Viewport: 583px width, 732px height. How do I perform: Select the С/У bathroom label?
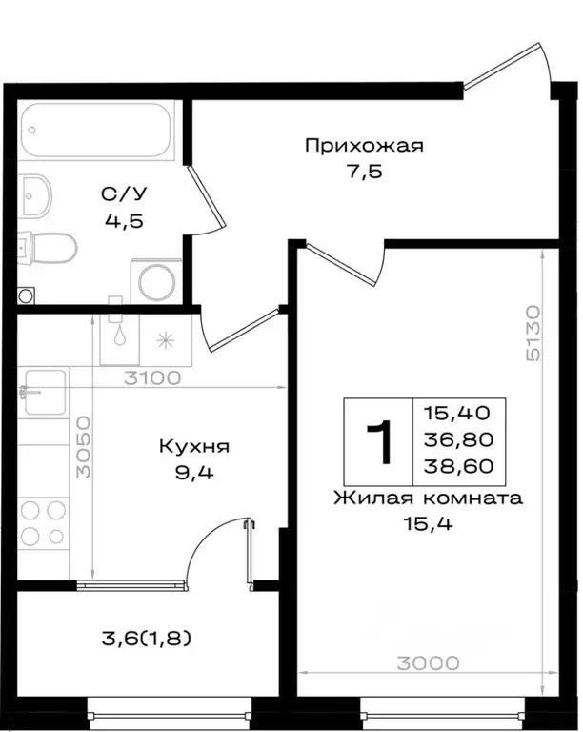[125, 194]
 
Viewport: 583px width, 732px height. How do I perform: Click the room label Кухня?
[194, 446]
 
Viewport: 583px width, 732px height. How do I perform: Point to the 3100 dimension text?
[152, 377]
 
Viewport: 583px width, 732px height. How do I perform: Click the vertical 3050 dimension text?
[84, 447]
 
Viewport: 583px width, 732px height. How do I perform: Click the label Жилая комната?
[429, 498]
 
